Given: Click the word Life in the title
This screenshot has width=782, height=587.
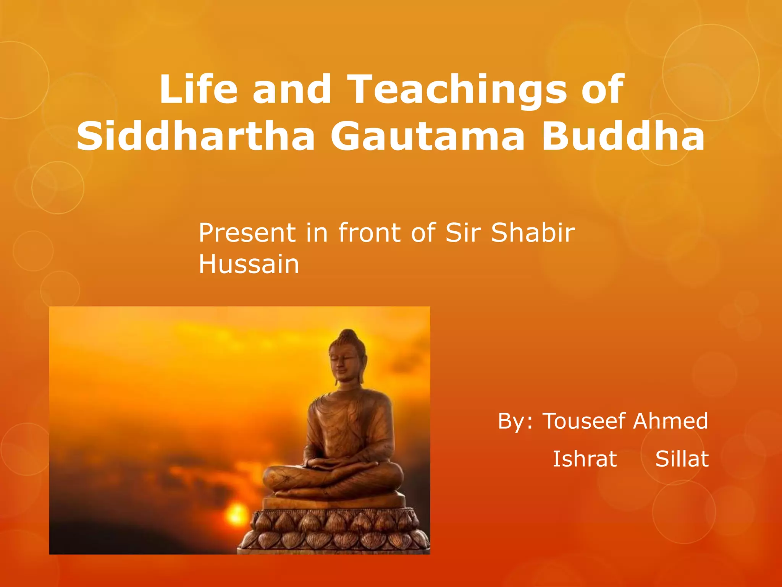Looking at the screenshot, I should [199, 89].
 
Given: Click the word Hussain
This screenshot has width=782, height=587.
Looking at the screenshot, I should [249, 264].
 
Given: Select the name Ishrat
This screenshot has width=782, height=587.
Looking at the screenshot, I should [585, 459].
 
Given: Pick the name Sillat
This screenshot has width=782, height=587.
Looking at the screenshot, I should [682, 459].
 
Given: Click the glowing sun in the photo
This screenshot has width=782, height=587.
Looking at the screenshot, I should [237, 514].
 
